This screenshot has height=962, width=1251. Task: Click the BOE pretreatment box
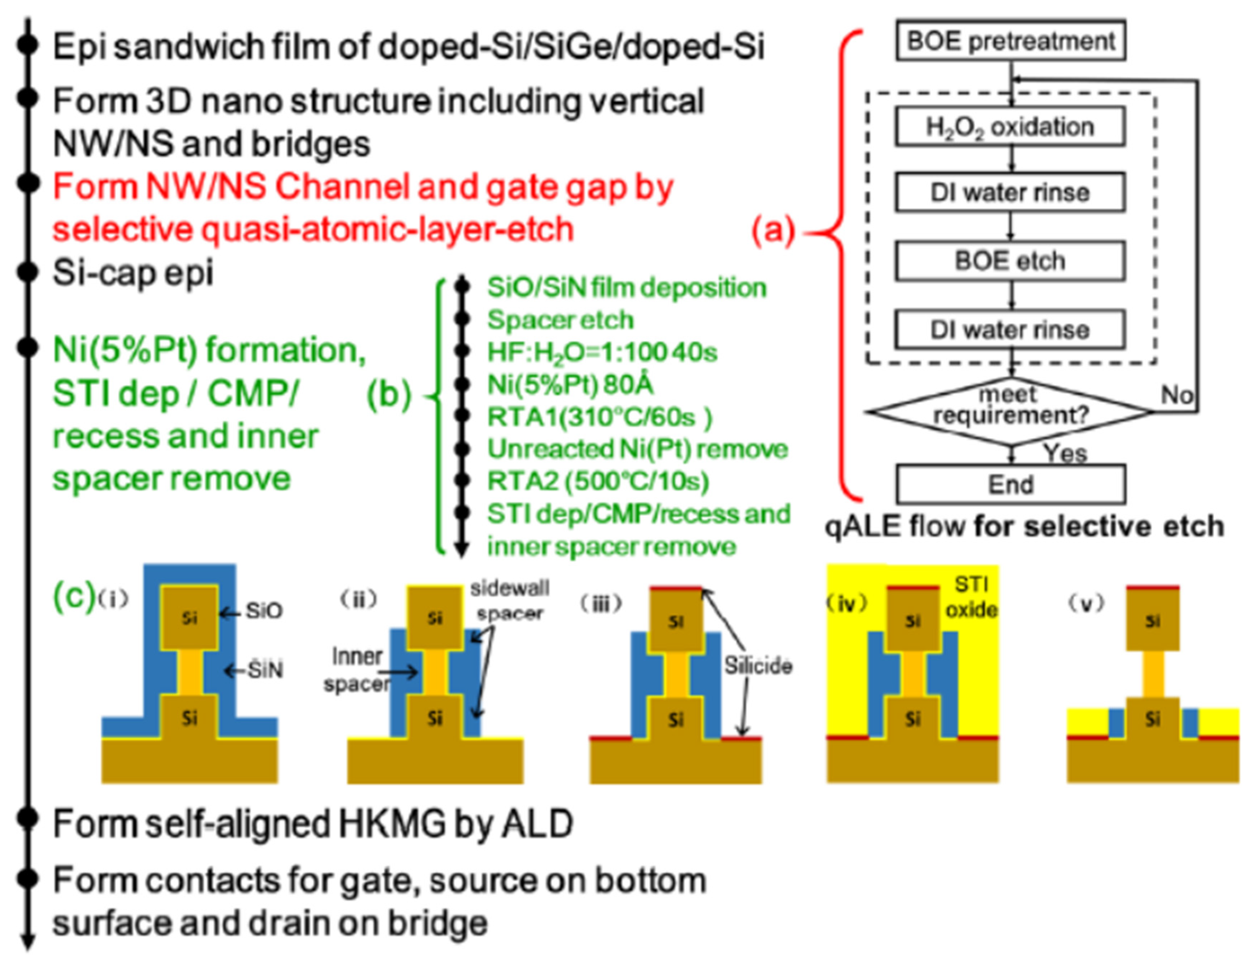(1010, 41)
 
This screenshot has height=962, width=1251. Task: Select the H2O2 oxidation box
(1010, 127)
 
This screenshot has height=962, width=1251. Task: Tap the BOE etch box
(1010, 261)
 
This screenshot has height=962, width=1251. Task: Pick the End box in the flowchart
(1010, 485)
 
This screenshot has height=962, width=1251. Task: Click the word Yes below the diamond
(1065, 454)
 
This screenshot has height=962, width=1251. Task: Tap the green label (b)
(389, 395)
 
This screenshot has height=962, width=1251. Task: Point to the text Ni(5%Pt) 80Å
(570, 385)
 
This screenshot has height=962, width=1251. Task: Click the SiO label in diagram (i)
(264, 611)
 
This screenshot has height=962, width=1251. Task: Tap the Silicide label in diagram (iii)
(758, 665)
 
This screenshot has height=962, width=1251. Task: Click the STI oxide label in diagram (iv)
(972, 597)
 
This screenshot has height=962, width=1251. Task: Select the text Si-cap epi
(133, 272)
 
